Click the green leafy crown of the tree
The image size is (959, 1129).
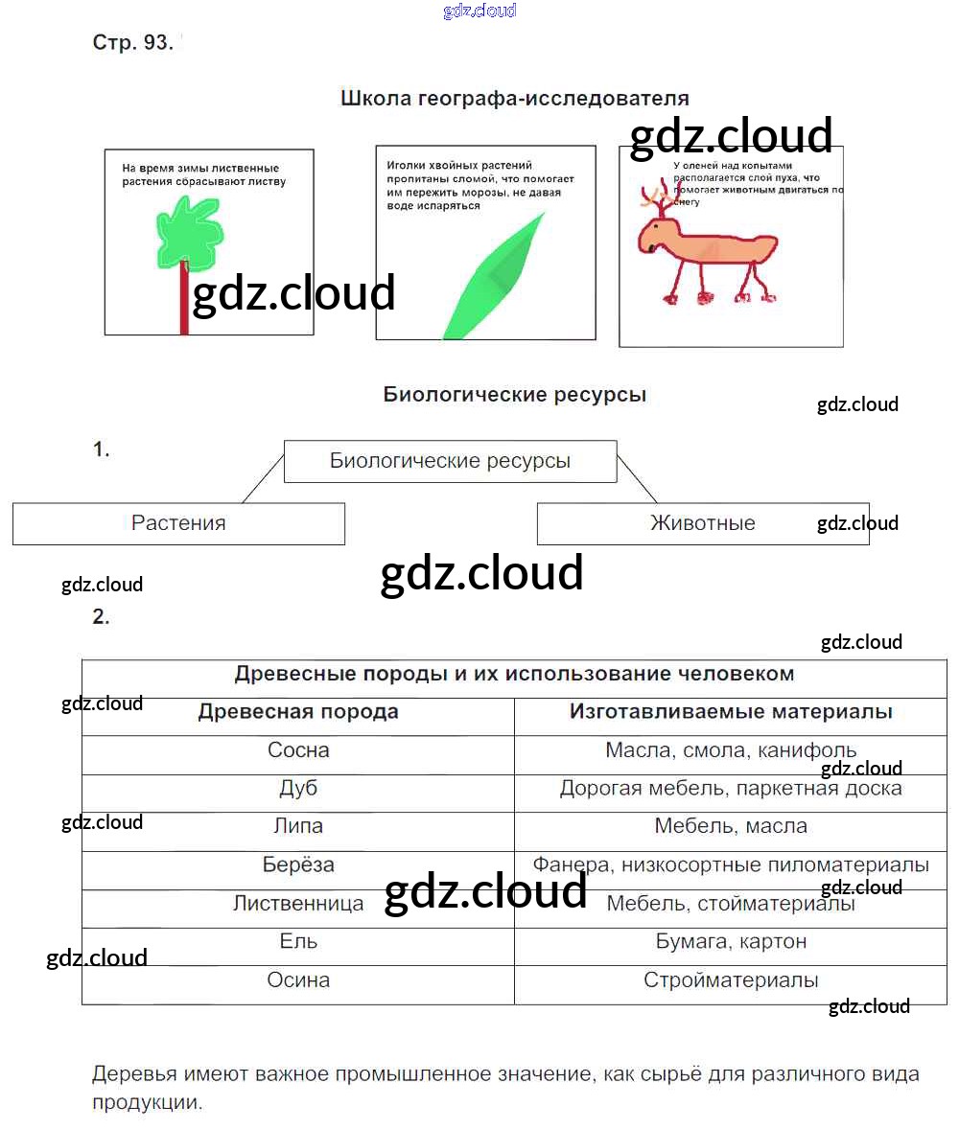coord(189,231)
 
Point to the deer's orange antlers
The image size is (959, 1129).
coord(660,199)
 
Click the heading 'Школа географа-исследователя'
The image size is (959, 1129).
coord(515,99)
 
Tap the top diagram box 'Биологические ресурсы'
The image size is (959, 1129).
coord(450,461)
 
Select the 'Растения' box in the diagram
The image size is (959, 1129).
coord(178,523)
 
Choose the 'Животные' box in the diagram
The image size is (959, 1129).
coord(703,523)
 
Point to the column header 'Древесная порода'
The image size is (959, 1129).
coord(298,712)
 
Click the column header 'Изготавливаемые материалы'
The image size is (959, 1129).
coord(731,712)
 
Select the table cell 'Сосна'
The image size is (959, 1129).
coord(298,750)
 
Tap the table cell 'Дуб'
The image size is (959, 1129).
coord(298,789)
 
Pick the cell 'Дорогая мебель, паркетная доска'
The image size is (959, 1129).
coord(731,789)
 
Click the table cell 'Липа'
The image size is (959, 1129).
coord(298,826)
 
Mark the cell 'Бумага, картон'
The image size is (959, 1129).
coord(731,941)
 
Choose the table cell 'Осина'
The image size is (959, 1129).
coord(298,980)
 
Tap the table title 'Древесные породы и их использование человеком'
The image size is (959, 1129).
coord(514,674)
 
